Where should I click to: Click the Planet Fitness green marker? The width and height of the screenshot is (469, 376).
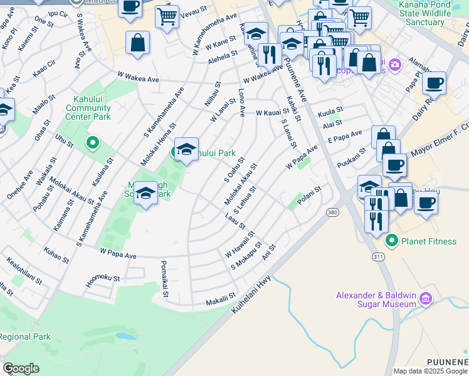tap(393, 240)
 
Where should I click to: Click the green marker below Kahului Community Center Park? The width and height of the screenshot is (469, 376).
tap(93, 144)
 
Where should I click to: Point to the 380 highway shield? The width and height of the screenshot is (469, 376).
tap(332, 213)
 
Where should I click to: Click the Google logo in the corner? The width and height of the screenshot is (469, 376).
tap(21, 368)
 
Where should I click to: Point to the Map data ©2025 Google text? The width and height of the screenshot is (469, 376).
tap(430, 371)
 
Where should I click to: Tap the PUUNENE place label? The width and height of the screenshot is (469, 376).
tap(447, 362)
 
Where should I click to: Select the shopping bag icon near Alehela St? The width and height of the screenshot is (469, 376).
tap(137, 43)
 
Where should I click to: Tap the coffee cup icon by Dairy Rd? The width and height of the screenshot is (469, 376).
tap(434, 83)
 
